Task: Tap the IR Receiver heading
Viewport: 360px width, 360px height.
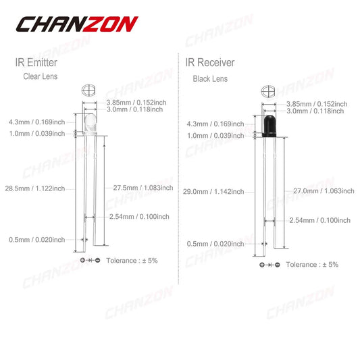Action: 210,63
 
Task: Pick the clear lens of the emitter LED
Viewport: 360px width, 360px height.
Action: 89,122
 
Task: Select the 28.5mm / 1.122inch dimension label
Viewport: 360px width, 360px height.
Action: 34,188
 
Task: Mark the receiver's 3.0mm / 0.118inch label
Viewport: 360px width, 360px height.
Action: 317,111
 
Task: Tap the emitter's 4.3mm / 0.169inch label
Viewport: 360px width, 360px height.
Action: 34,122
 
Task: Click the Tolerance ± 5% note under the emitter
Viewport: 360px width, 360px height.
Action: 132,260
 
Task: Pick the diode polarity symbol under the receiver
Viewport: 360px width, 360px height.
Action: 269,265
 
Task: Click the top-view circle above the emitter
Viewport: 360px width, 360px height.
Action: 89,90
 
